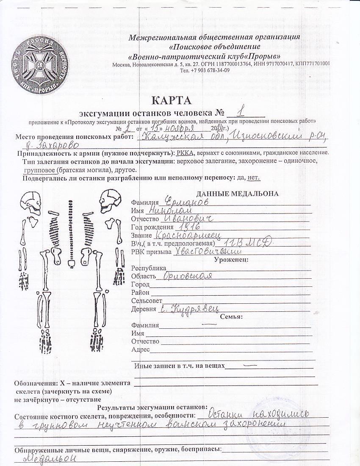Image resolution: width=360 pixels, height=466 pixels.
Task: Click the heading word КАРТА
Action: [172, 100]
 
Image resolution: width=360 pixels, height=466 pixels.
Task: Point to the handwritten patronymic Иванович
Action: [187, 219]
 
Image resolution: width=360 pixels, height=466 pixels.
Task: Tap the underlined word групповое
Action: [39, 169]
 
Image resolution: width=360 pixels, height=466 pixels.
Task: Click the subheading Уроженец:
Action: [231, 259]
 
